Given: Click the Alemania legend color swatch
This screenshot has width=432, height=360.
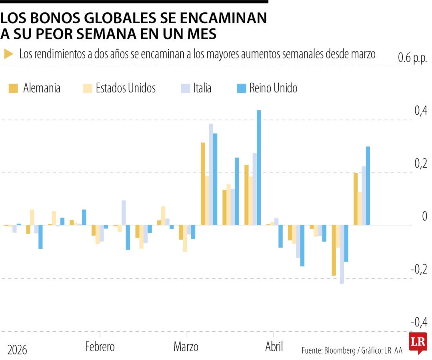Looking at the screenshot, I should (x=14, y=88).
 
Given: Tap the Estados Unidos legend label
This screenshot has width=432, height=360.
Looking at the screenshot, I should (x=126, y=88).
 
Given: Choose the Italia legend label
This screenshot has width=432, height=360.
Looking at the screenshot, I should (x=202, y=88).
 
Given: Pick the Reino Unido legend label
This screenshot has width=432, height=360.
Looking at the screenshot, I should (x=273, y=88).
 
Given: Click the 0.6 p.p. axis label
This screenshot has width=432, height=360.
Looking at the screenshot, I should (x=412, y=58).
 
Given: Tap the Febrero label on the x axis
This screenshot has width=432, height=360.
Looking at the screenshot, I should (x=100, y=346).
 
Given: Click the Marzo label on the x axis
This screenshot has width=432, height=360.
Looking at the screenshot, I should (x=186, y=346).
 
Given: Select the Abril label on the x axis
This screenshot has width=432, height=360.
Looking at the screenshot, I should (x=274, y=346).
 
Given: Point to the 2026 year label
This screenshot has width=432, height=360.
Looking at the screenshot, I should (x=17, y=350).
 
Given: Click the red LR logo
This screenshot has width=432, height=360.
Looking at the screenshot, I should (x=418, y=342).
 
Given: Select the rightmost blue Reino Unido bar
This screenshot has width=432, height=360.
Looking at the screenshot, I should (x=368, y=186).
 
